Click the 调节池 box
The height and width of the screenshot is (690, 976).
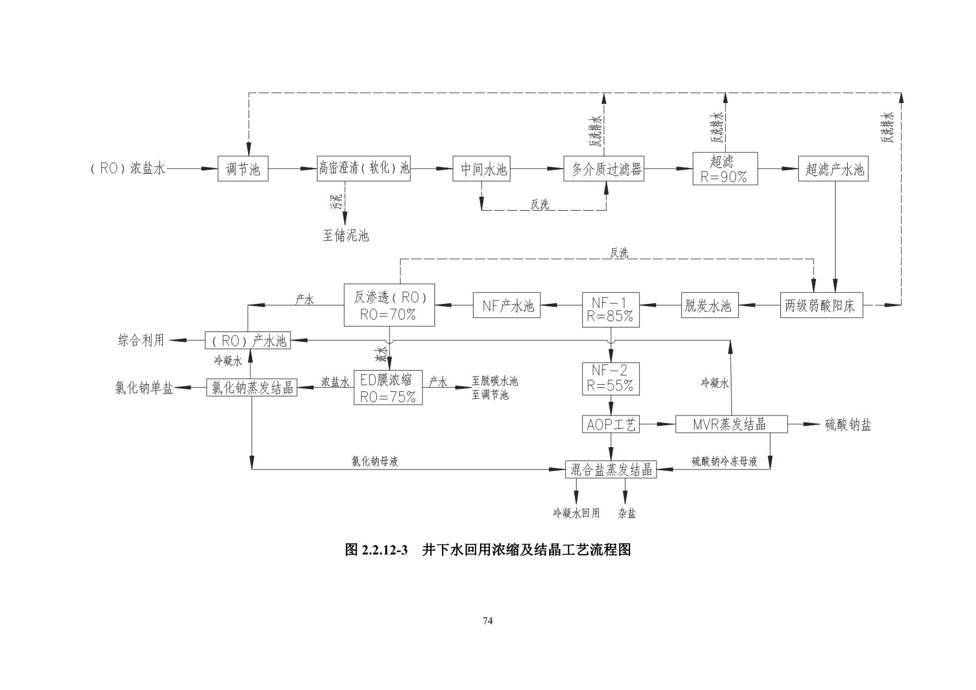243,169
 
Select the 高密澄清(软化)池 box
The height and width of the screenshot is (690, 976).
364,169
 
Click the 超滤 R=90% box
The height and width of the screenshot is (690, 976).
725,169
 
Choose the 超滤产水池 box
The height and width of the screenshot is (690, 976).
833,169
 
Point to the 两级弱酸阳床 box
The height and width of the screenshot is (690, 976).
822,306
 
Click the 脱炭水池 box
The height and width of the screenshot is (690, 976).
707,306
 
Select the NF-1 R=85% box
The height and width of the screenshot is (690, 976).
611,309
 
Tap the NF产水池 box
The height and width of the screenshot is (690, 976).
507,306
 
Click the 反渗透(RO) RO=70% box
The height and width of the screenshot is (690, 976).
389,305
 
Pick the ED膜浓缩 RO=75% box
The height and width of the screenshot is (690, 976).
387,387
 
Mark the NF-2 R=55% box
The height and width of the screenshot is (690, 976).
611,378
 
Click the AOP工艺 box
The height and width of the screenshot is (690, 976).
611,425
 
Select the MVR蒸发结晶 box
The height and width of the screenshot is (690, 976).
731,425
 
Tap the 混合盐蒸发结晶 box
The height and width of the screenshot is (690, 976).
611,469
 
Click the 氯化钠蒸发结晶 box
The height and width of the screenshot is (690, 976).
251,387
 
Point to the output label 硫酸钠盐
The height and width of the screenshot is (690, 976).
848,425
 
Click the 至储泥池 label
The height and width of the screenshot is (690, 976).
345,235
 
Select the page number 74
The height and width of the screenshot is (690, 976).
487,620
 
